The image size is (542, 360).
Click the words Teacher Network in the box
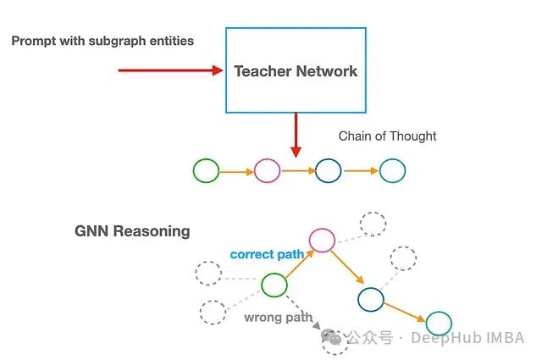[x=296, y=71]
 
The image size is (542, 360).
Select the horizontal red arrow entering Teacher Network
[x=169, y=70]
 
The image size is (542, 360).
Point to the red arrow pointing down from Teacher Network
[x=296, y=134]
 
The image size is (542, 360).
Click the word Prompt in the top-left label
[x=34, y=41]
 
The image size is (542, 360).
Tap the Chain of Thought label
[x=387, y=136]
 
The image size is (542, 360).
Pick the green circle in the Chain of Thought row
[x=206, y=171]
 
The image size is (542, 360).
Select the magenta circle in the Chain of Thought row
[x=267, y=171]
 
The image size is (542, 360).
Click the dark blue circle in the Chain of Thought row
[x=328, y=171]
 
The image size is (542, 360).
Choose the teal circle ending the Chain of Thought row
[x=392, y=171]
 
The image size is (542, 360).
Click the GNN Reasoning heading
[x=132, y=231]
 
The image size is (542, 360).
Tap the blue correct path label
[x=267, y=254]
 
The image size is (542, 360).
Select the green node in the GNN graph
[x=274, y=285]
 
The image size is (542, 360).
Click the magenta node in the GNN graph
[x=322, y=240]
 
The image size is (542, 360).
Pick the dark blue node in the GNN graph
[x=370, y=298]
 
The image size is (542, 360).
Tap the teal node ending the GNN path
[x=439, y=323]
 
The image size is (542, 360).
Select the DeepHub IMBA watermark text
[x=467, y=338]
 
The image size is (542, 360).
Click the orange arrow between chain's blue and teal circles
[x=360, y=171]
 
